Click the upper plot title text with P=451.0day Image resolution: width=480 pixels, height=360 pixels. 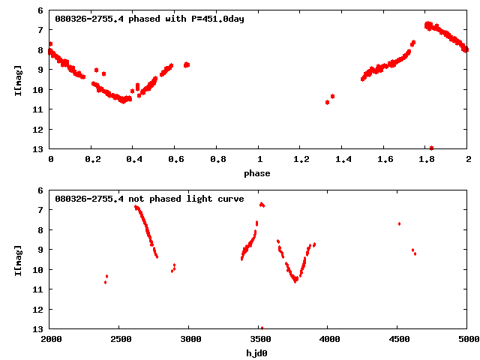pyautogui.click(x=150, y=19)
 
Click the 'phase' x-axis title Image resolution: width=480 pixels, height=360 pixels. pyautogui.click(x=257, y=173)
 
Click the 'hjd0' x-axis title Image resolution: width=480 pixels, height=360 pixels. pyautogui.click(x=257, y=352)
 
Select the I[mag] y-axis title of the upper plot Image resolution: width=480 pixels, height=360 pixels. pyautogui.click(x=18, y=79)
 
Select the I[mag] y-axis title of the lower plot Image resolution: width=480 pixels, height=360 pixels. pyautogui.click(x=18, y=259)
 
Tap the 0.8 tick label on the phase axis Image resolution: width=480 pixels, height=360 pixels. pyautogui.click(x=217, y=160)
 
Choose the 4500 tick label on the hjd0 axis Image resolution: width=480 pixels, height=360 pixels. pyautogui.click(x=397, y=339)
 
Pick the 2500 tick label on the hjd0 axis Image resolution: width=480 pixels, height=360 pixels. pyautogui.click(x=120, y=339)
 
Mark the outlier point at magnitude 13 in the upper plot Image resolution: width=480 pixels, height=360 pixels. pyautogui.click(x=431, y=148)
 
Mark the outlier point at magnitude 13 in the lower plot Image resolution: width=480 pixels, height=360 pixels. pyautogui.click(x=261, y=328)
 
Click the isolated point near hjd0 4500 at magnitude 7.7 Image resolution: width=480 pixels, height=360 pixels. pyautogui.click(x=399, y=223)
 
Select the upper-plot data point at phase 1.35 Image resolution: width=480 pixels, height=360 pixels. pyautogui.click(x=332, y=96)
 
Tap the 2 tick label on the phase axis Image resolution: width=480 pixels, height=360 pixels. pyautogui.click(x=467, y=160)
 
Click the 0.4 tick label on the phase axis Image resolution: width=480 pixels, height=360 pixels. pyautogui.click(x=134, y=160)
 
